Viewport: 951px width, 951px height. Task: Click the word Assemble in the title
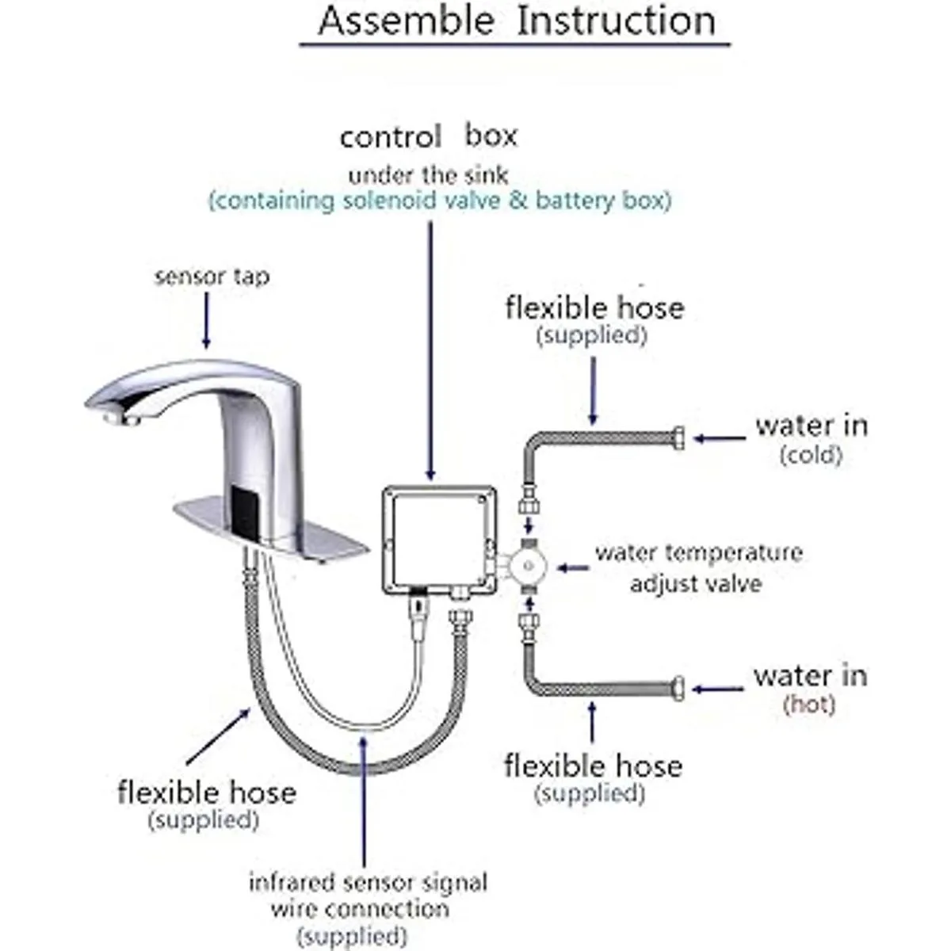[406, 21]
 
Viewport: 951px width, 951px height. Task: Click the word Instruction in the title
[616, 21]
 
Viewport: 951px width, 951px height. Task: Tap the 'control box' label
[428, 137]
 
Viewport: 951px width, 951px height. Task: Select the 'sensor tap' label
[212, 277]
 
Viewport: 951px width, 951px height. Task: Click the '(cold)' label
[810, 455]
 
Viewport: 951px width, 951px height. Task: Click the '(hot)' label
[809, 704]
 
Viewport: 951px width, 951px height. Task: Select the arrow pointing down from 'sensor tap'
[207, 320]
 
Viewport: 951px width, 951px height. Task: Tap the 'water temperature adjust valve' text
[697, 567]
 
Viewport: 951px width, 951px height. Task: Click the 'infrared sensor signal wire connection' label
[368, 907]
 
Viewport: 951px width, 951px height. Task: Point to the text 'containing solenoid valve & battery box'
[440, 201]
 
